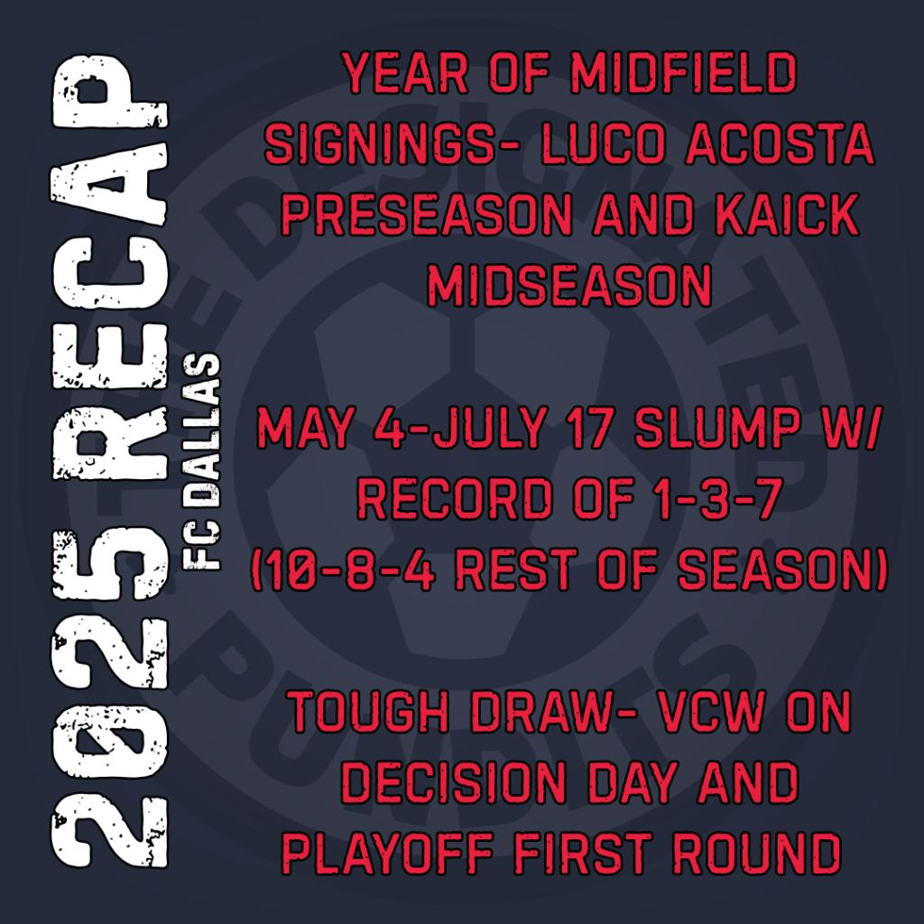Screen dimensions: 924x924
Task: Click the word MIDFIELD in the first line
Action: pyautogui.click(x=684, y=73)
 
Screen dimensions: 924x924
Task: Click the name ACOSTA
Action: pyautogui.click(x=781, y=143)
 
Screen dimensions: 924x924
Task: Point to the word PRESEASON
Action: pyautogui.click(x=427, y=215)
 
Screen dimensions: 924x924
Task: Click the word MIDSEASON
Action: pyautogui.click(x=569, y=285)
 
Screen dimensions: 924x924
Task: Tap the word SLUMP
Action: pyautogui.click(x=718, y=427)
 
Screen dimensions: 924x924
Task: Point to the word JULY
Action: pyautogui.click(x=490, y=427)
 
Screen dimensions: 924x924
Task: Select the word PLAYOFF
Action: pyautogui.click(x=387, y=854)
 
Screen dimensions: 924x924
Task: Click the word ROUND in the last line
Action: pyautogui.click(x=757, y=854)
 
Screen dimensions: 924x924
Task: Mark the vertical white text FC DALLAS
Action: pyautogui.click(x=202, y=461)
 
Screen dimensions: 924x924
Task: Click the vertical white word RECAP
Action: pyautogui.click(x=111, y=267)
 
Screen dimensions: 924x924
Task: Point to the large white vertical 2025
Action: pyautogui.click(x=111, y=698)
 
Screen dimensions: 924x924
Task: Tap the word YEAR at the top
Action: pyautogui.click(x=405, y=73)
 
